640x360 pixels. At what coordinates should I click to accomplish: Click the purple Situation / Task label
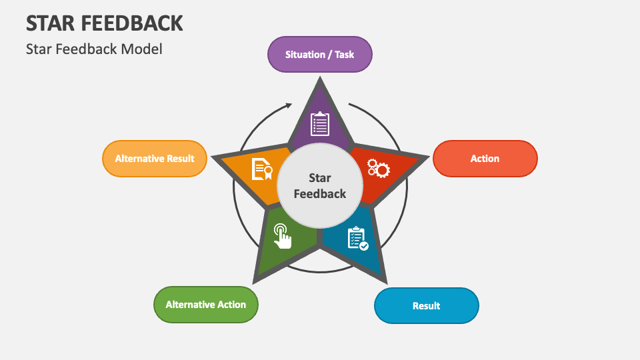(320, 54)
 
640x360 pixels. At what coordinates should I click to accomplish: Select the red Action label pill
(485, 159)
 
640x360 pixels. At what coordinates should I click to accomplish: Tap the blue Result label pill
(426, 306)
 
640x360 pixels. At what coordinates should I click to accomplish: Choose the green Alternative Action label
(206, 305)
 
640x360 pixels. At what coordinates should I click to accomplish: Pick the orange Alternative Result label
(155, 159)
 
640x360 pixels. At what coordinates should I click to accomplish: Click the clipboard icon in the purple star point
(320, 124)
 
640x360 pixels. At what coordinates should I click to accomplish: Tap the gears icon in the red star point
(379, 168)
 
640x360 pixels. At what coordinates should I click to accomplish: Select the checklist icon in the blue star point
(357, 239)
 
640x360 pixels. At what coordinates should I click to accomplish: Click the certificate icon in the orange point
(261, 169)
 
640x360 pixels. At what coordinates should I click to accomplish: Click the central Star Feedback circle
(320, 186)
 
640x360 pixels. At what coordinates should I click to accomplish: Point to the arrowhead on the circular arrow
(289, 105)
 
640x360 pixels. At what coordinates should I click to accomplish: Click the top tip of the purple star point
(321, 79)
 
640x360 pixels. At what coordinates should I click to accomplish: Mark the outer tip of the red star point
(425, 157)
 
